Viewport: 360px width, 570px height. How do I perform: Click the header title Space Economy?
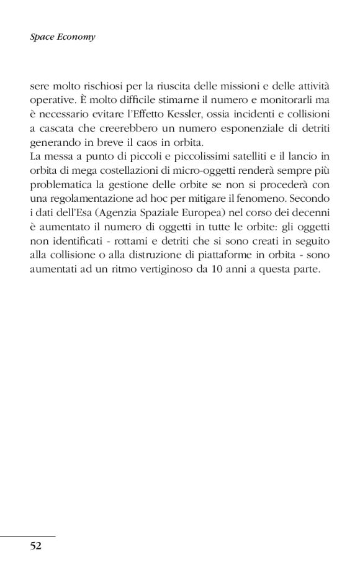point(63,37)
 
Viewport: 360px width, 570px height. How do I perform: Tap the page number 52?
point(35,546)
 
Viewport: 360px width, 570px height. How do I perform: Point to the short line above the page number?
point(28,535)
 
